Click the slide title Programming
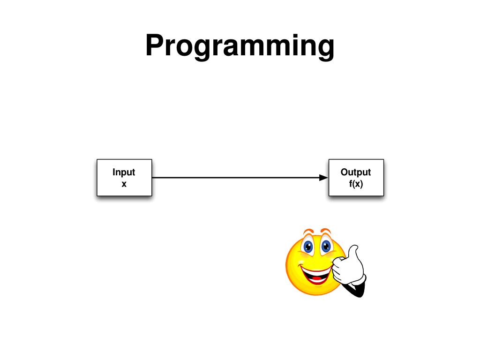(x=240, y=46)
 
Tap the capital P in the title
(x=155, y=45)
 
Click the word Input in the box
(x=124, y=172)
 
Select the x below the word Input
(x=124, y=184)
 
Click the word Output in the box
(x=356, y=172)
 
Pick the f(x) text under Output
(x=356, y=184)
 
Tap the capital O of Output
(x=345, y=172)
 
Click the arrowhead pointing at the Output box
(x=323, y=178)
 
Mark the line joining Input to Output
(x=234, y=178)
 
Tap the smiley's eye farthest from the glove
(x=308, y=246)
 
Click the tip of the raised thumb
(x=354, y=247)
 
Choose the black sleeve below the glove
(x=357, y=290)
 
